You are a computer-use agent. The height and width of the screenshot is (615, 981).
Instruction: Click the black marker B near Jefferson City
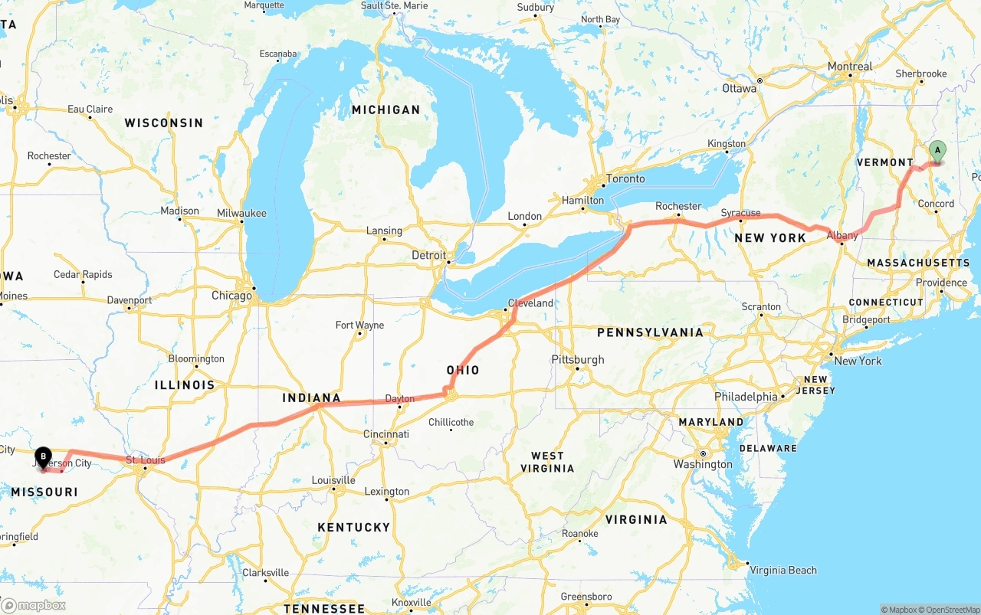pyautogui.click(x=43, y=456)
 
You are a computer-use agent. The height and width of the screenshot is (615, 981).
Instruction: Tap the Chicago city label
pyautogui.click(x=231, y=296)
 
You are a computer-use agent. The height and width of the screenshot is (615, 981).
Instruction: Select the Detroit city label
pyautogui.click(x=428, y=255)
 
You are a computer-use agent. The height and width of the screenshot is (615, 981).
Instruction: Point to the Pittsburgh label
pyautogui.click(x=578, y=359)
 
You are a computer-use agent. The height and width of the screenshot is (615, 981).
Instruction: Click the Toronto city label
pyautogui.click(x=625, y=178)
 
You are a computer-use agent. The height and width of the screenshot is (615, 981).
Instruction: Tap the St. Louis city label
pyautogui.click(x=145, y=460)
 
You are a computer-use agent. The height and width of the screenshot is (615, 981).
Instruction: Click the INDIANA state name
pyautogui.click(x=311, y=397)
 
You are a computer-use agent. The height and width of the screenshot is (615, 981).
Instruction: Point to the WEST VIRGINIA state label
pyautogui.click(x=547, y=462)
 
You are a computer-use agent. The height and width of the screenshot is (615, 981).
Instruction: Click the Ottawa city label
pyautogui.click(x=739, y=88)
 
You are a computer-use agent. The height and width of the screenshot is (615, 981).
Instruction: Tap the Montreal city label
pyautogui.click(x=849, y=67)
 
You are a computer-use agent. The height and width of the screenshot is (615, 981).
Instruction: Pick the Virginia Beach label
pyautogui.click(x=783, y=570)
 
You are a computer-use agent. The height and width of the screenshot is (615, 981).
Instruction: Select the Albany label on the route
pyautogui.click(x=842, y=236)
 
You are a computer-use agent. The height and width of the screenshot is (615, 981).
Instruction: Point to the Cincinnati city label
pyautogui.click(x=386, y=434)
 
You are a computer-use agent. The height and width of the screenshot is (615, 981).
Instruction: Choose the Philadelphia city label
pyautogui.click(x=746, y=397)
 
